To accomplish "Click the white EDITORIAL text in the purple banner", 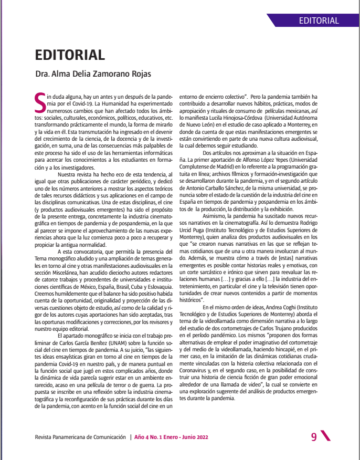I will [319, 21].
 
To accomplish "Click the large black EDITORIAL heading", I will [70, 55].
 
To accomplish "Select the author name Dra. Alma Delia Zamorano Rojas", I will [93, 74].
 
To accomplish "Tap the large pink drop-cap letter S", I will [40, 103].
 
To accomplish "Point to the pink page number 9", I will [314, 437].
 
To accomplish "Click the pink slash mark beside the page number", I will [325, 436].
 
